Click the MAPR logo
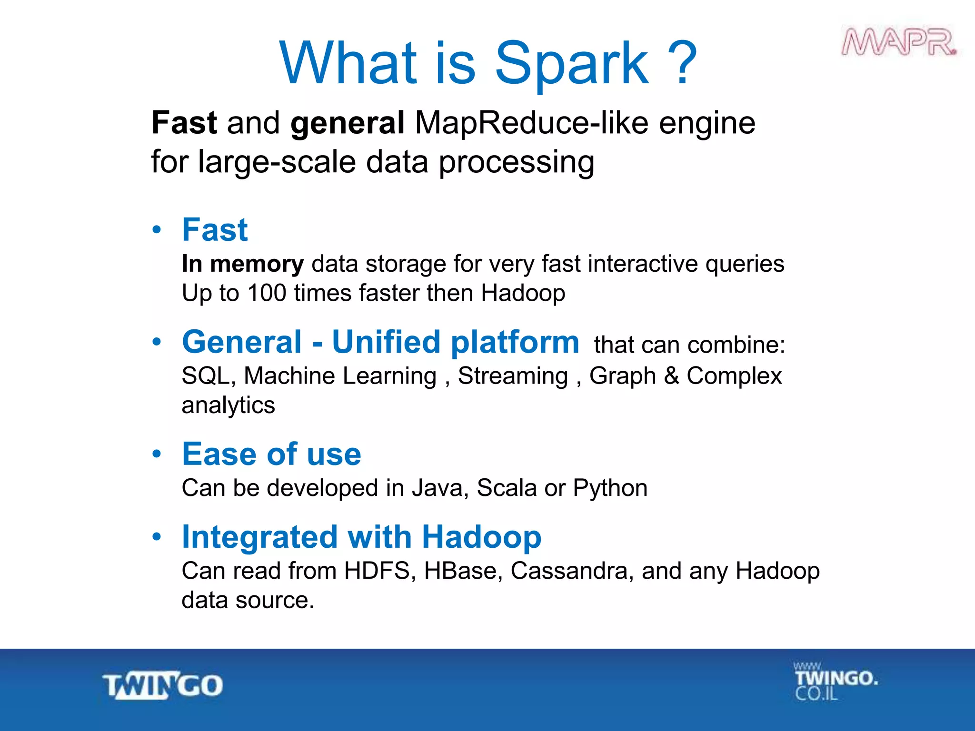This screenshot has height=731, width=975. point(899,43)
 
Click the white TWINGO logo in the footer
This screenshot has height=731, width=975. point(163,686)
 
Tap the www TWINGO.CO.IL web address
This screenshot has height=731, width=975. point(835,682)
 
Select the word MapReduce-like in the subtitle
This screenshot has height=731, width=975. point(531,123)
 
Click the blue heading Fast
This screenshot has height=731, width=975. point(215,230)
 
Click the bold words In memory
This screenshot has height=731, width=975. point(242,264)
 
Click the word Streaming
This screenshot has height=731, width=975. point(513,376)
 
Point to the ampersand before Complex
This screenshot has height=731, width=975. point(671,375)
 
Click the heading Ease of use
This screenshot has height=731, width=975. point(271,454)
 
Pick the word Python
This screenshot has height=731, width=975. point(610,488)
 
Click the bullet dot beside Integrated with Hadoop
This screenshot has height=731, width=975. point(157,537)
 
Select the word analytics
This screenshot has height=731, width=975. point(228,405)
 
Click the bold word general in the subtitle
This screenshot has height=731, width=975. point(347,123)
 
